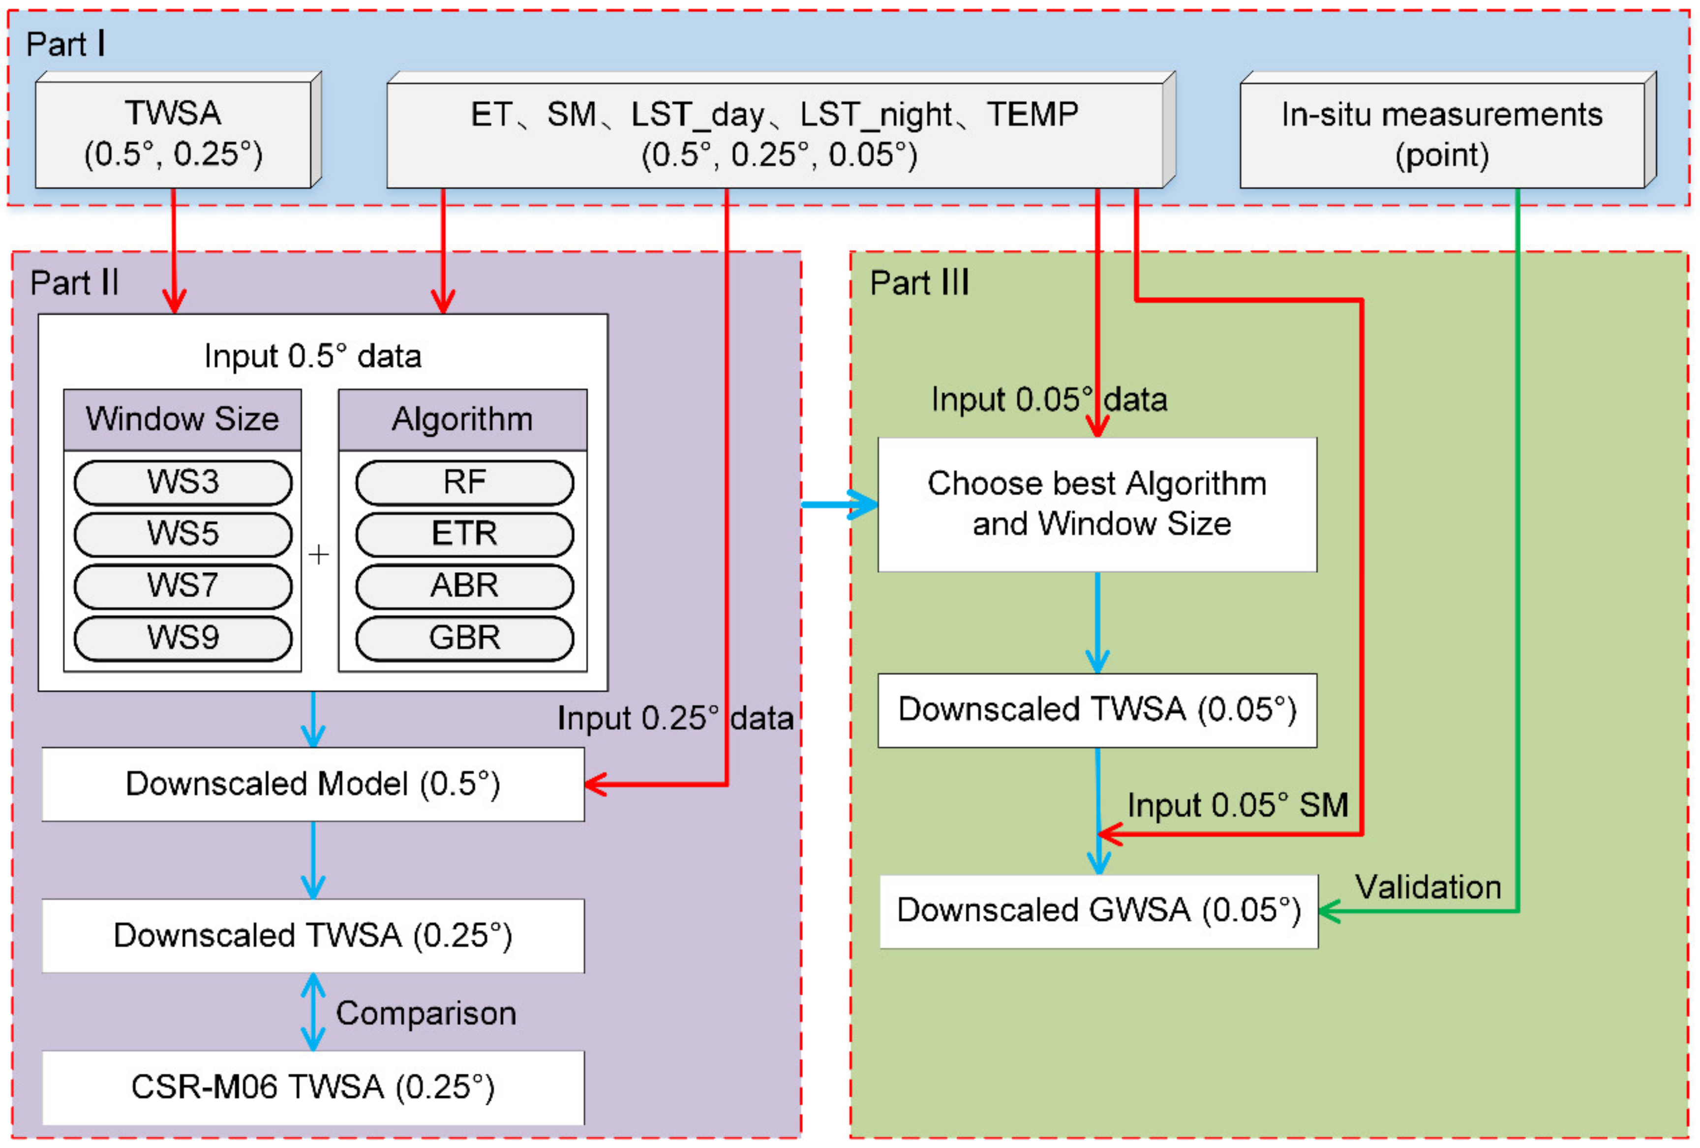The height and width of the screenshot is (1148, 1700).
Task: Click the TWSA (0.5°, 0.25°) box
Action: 173,134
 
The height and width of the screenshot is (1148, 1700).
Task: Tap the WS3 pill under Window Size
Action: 183,483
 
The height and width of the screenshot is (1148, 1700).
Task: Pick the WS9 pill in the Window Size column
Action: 183,637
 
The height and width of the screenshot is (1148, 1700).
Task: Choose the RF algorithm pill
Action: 464,483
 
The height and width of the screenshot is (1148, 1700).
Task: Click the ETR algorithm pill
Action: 464,534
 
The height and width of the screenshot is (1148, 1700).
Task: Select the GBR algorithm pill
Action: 464,637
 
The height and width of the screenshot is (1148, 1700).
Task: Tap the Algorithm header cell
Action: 462,420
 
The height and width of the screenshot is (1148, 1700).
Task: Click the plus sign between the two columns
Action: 318,555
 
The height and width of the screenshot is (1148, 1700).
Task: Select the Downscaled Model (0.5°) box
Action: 313,784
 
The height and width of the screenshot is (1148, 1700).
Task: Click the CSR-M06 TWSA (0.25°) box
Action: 313,1088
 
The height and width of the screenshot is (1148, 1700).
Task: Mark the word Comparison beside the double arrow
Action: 425,1013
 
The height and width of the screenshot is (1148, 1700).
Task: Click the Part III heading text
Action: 919,283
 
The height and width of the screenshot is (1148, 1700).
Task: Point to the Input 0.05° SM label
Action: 1238,805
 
